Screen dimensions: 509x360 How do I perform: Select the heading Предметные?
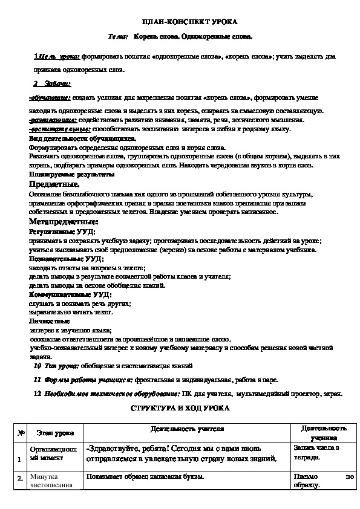(x=53, y=184)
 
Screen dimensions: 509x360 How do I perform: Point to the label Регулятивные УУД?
(x=58, y=232)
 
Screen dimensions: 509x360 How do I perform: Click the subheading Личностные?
(x=45, y=322)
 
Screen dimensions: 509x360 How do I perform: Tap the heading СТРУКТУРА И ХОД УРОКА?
(x=180, y=409)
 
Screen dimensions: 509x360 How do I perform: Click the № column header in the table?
(x=21, y=433)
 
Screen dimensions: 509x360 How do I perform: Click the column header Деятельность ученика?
(x=319, y=432)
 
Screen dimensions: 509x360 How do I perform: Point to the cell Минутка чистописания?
(x=51, y=480)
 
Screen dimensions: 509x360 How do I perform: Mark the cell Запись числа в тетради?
(x=316, y=452)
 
